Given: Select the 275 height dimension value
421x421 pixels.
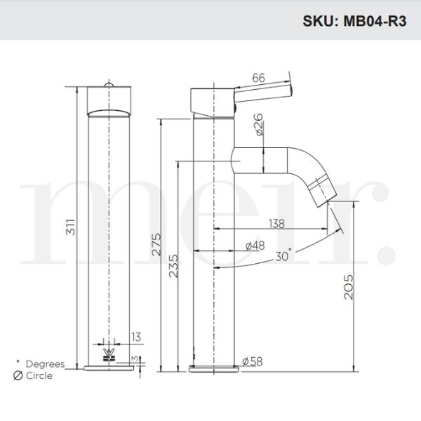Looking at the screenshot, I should coord(157,243).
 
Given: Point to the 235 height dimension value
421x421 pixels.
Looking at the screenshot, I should coord(171,265).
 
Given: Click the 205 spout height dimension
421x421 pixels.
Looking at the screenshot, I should coord(349,286).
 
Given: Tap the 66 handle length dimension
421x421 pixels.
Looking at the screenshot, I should coord(258,79).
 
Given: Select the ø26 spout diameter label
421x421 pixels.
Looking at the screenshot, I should coord(258,124).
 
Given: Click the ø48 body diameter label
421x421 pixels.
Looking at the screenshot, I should coord(254,246).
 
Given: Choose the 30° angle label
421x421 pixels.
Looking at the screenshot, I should coord(283,257).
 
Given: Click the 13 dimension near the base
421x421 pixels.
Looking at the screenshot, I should coord(135,338).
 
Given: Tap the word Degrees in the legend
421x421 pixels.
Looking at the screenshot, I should coord(45,364).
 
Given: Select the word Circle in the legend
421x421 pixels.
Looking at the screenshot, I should coord(40,375).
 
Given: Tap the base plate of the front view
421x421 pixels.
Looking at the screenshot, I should coord(109,368).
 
